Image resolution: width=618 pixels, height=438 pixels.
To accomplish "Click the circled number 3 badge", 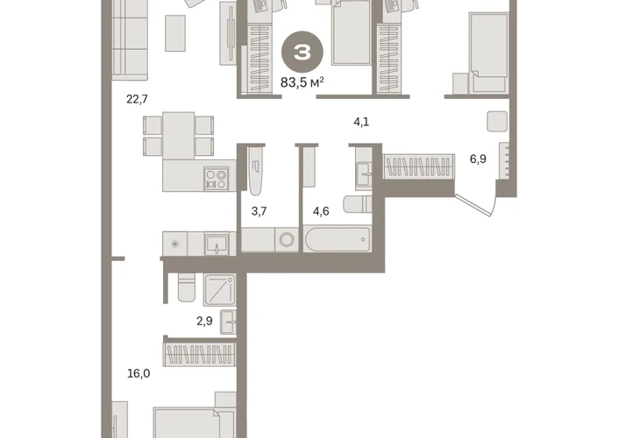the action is [302, 52].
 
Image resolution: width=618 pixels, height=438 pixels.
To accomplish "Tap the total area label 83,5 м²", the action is [302, 82].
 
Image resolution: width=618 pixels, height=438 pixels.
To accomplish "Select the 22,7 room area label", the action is [137, 99].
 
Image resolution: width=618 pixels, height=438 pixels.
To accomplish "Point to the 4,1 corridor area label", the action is [361, 122].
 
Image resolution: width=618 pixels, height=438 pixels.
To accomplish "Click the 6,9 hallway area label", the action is [478, 159].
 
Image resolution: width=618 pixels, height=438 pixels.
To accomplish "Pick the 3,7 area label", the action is [259, 211].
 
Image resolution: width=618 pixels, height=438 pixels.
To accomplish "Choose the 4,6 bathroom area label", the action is [321, 211].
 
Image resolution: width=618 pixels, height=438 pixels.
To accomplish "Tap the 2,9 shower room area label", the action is [204, 321].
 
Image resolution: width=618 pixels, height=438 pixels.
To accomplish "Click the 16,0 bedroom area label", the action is [139, 373].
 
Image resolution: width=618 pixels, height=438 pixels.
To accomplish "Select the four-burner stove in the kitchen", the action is [216, 180].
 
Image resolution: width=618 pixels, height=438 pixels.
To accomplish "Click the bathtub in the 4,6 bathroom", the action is [337, 239].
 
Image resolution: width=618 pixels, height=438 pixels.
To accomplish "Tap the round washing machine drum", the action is [287, 239].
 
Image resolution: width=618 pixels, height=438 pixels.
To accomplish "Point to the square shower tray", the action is [220, 290].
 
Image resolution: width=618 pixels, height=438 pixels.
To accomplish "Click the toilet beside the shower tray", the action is [187, 287].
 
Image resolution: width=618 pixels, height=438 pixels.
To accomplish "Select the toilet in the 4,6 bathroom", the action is [358, 204].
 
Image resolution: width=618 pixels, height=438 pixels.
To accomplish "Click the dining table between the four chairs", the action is [178, 136].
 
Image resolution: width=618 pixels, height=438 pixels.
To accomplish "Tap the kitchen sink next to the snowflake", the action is [216, 244].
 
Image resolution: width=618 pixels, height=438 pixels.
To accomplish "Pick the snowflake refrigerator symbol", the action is [175, 244].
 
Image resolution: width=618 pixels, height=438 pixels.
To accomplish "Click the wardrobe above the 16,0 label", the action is [200, 355].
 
